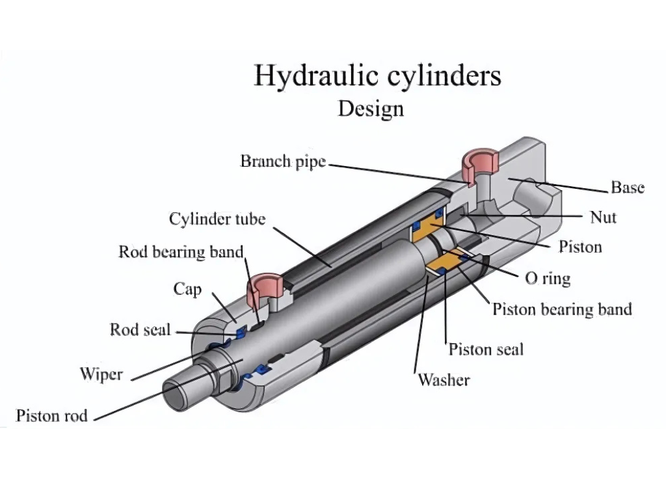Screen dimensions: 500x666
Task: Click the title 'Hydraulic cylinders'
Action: pos(377,76)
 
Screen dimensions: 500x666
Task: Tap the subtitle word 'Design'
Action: pos(371,108)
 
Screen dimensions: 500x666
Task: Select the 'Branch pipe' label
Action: pos(283,161)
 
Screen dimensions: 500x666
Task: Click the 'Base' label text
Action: pos(627,187)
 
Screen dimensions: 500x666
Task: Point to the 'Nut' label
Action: pos(603,217)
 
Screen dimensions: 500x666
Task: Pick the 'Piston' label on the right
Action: pos(580,247)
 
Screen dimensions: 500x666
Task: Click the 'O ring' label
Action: pos(548,279)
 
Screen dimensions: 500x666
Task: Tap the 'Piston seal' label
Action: pos(486,350)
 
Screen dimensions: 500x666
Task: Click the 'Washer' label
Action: pos(444,380)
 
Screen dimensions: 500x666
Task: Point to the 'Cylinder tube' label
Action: pos(217,219)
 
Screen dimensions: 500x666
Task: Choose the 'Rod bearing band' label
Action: pos(181,251)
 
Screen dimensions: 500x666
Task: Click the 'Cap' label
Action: pos(187,289)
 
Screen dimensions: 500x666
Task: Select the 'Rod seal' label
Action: pos(140,329)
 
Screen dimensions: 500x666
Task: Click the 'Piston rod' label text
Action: pos(51,415)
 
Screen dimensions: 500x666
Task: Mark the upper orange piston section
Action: pos(428,226)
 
